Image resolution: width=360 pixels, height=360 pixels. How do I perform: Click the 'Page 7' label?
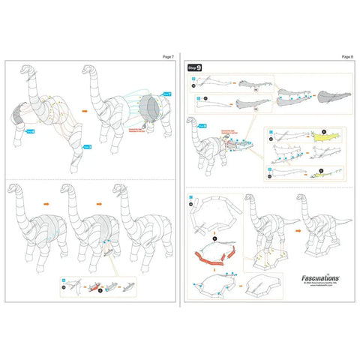pos(167,56)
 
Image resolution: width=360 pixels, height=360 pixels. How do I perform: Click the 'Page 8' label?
pos(346,56)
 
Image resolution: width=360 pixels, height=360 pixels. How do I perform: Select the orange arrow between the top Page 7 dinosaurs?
pos(84,109)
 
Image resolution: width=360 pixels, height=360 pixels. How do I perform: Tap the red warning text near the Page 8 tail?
pos(228,132)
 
